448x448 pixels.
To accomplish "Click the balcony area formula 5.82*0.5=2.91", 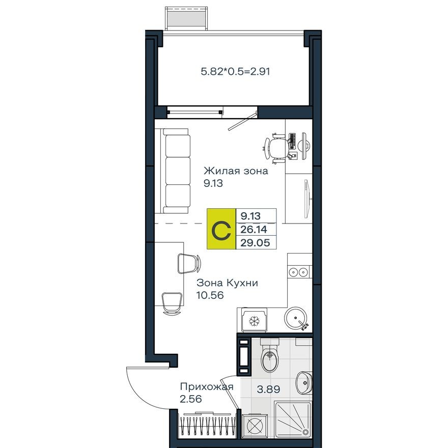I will (x=235, y=72).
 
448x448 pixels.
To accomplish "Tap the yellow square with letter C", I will (x=222, y=230).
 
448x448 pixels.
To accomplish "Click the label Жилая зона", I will (x=236, y=171).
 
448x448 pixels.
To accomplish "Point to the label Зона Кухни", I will (x=227, y=283).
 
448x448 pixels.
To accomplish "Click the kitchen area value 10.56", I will (x=210, y=295).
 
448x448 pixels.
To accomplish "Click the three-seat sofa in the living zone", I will (x=176, y=171).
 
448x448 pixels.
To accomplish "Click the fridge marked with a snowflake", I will (x=253, y=320).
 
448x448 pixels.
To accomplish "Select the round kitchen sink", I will (x=296, y=319).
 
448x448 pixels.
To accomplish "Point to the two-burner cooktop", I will (x=298, y=271).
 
